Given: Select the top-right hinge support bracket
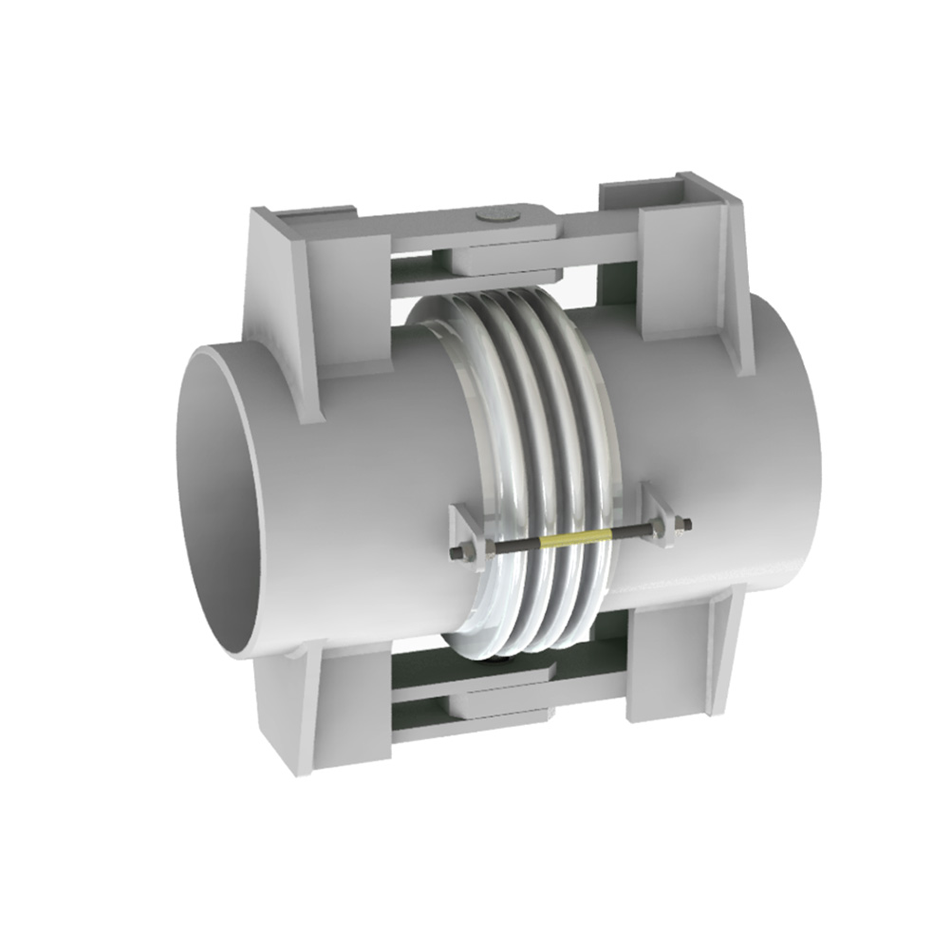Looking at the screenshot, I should (688, 256).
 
